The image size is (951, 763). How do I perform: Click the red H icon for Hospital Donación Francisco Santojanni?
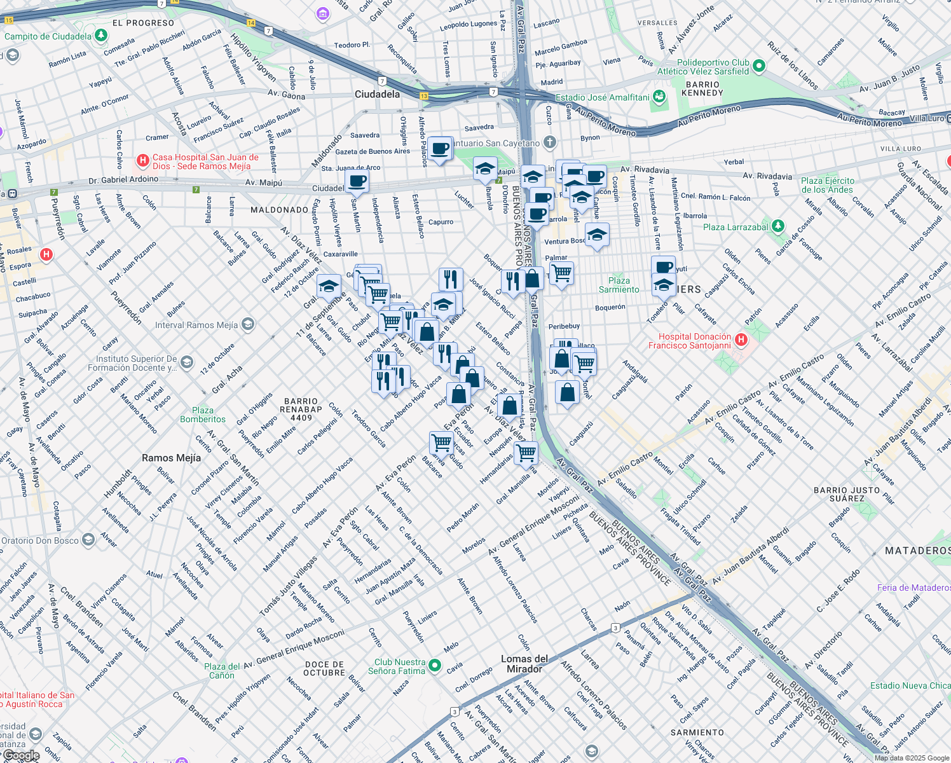(741, 340)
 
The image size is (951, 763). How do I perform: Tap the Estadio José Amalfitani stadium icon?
(659, 97)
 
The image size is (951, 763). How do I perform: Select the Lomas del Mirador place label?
(524, 664)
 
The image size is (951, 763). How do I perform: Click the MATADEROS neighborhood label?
(917, 551)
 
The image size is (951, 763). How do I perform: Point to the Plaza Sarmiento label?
(619, 285)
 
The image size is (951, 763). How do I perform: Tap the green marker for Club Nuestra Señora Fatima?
(435, 666)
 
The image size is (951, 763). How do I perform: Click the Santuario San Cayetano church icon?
(550, 142)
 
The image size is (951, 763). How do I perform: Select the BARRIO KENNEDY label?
(702, 88)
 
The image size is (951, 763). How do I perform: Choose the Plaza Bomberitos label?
(203, 415)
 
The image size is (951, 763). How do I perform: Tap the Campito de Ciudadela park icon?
(101, 36)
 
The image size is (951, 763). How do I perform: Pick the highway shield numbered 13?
(423, 96)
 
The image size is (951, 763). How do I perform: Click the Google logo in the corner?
(21, 755)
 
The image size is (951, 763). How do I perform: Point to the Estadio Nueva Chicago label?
(910, 685)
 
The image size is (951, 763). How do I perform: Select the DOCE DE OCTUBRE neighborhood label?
(324, 668)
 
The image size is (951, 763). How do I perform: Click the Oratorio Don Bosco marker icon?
(89, 540)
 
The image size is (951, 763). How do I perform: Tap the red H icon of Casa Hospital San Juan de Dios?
(143, 161)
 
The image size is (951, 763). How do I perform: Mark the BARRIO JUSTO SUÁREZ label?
(847, 494)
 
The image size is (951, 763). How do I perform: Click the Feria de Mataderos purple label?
(913, 588)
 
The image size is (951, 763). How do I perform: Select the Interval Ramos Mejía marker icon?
(248, 325)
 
